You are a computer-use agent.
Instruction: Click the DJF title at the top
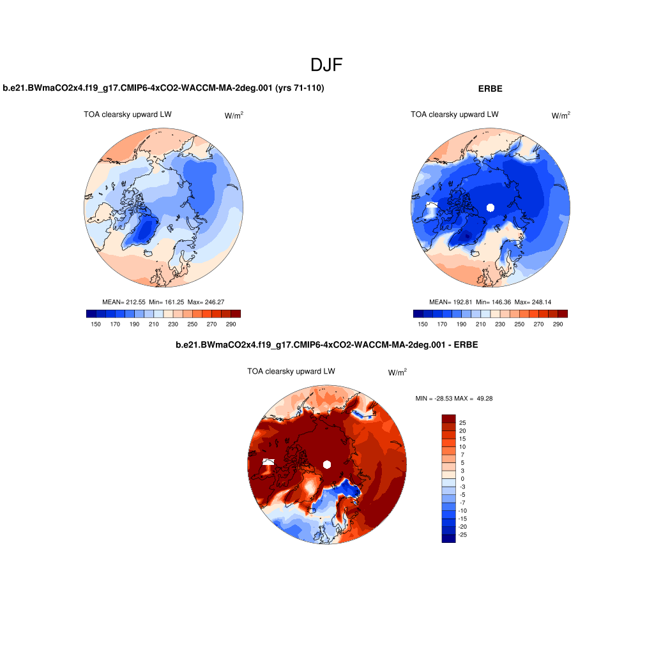click(x=327, y=65)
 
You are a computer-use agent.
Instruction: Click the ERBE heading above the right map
click(x=490, y=89)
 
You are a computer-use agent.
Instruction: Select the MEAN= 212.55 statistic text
click(x=124, y=301)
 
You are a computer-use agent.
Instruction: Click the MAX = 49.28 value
click(x=477, y=399)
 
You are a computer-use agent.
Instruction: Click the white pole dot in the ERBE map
click(x=490, y=207)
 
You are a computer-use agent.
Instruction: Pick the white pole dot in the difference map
click(x=327, y=464)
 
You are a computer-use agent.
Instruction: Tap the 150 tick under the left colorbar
click(x=96, y=324)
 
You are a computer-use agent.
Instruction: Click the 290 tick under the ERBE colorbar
click(x=558, y=324)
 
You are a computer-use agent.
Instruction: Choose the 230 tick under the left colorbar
click(x=173, y=324)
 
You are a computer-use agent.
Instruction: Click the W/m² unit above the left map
click(x=234, y=116)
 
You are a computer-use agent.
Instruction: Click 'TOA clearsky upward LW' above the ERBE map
click(x=455, y=114)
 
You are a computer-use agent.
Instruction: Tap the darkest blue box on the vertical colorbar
click(x=448, y=538)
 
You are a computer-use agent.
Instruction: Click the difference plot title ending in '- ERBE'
click(x=327, y=345)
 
